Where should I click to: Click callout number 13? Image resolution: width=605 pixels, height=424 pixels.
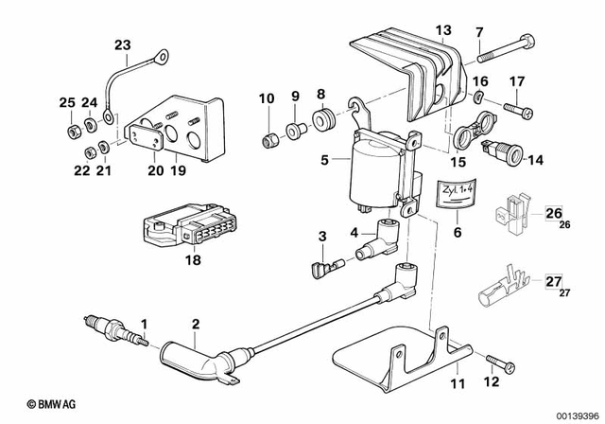[x=442, y=31]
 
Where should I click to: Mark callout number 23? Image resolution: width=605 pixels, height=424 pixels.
[x=123, y=44]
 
